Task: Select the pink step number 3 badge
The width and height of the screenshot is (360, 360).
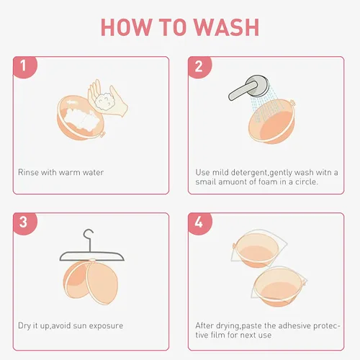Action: tap(24, 222)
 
